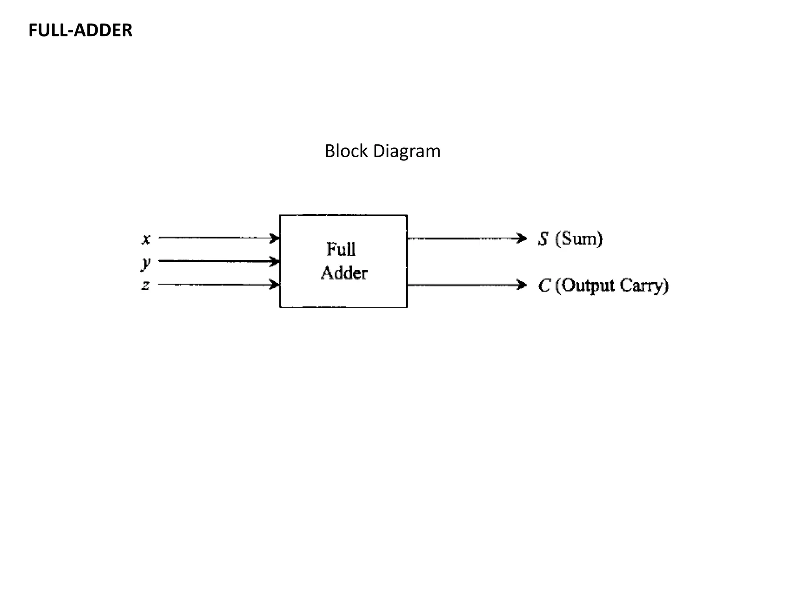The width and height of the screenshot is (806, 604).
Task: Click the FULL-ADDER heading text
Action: pyautogui.click(x=80, y=30)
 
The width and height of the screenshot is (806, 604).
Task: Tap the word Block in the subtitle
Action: pyautogui.click(x=346, y=151)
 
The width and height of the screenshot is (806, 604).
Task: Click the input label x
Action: pyautogui.click(x=146, y=239)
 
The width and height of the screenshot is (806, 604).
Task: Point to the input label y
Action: pyautogui.click(x=146, y=262)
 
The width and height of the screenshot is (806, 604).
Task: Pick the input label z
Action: pyautogui.click(x=146, y=285)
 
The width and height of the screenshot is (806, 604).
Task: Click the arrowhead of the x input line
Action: pyautogui.click(x=275, y=238)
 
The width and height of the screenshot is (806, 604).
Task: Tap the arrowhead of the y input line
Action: pyautogui.click(x=275, y=261)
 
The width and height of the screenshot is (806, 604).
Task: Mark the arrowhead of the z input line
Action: pyautogui.click(x=275, y=284)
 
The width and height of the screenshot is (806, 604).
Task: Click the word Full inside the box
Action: pyautogui.click(x=341, y=249)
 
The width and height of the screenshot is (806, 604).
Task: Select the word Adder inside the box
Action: pyautogui.click(x=344, y=273)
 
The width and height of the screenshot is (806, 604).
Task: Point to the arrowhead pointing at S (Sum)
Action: pyautogui.click(x=522, y=238)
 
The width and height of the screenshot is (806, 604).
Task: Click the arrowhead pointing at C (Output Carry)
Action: pyautogui.click(x=522, y=285)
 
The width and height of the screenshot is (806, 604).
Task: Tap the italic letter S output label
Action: pyautogui.click(x=543, y=239)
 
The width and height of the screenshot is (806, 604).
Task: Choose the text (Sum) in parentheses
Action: pyautogui.click(x=579, y=239)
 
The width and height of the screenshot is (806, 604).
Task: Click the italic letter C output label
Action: pyautogui.click(x=544, y=285)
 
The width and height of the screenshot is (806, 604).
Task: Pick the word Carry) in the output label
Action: pyautogui.click(x=644, y=286)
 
